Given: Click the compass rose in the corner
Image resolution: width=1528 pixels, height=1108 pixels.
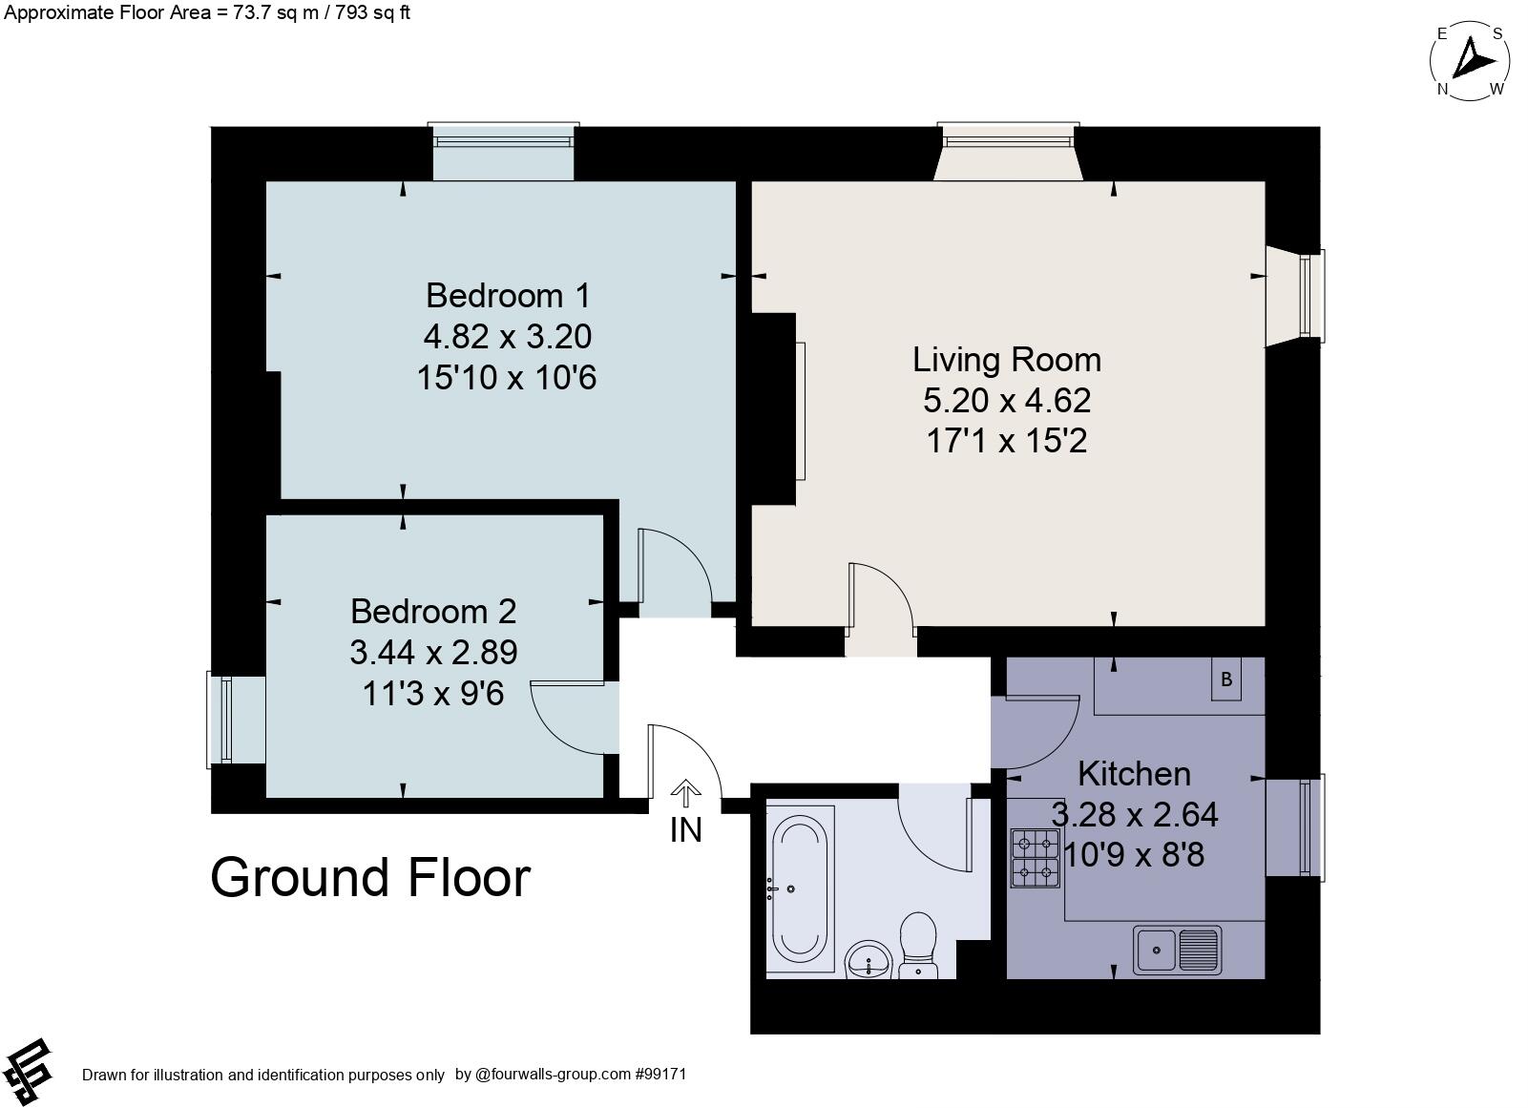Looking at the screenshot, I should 1470,61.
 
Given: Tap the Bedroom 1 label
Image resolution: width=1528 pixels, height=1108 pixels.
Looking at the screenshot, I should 494,295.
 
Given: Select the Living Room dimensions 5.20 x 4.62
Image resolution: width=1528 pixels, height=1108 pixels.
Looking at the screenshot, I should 1006,400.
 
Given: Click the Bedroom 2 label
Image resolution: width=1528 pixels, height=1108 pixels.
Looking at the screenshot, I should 433,611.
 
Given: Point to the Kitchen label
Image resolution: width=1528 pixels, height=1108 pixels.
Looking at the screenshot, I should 1134,773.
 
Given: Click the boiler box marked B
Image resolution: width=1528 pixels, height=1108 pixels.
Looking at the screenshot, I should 1227,679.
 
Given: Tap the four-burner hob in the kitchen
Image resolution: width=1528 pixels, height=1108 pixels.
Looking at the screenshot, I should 1036,858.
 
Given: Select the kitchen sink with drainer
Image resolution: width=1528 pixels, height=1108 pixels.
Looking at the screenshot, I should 1178,950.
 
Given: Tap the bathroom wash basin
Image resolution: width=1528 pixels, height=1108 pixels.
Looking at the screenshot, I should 869,958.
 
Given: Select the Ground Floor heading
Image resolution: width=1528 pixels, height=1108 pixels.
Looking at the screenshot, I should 369,878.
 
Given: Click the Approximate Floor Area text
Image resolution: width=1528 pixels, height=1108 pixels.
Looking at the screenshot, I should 205,12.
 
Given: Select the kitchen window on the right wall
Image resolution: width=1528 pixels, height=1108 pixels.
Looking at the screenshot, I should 1308,826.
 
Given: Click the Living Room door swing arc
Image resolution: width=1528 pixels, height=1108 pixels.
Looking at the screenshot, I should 883,596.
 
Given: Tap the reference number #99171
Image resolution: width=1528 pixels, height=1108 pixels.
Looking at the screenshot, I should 660,1074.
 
